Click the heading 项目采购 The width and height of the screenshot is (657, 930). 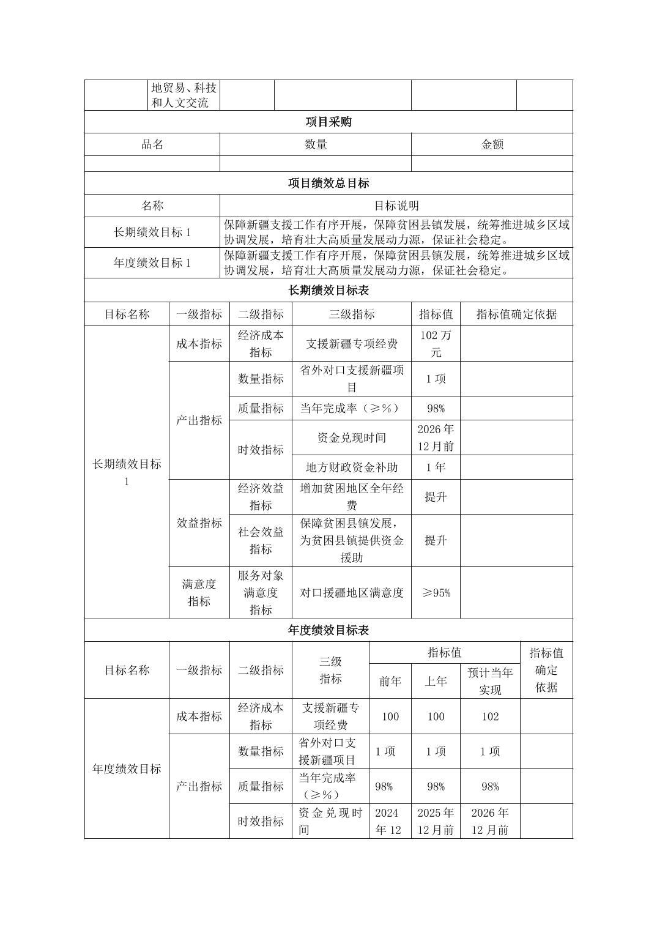click(x=328, y=122)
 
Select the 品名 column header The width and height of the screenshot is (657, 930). click(x=152, y=144)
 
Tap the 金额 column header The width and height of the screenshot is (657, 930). click(x=492, y=144)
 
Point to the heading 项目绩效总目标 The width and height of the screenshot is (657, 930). click(x=328, y=183)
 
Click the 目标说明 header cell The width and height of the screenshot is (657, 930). click(x=396, y=206)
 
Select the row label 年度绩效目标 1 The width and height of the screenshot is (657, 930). click(x=152, y=263)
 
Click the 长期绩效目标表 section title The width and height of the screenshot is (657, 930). click(x=328, y=290)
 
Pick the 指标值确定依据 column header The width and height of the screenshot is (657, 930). click(x=516, y=314)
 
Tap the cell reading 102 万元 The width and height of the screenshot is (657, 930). click(x=436, y=343)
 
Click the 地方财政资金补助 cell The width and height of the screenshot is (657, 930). click(x=352, y=467)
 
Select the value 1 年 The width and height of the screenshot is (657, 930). click(x=436, y=467)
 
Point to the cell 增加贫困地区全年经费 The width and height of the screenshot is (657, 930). click(x=352, y=497)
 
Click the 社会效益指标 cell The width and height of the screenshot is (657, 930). click(x=261, y=540)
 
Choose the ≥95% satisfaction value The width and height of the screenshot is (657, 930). click(x=436, y=592)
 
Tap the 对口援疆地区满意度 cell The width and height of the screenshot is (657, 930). click(x=352, y=592)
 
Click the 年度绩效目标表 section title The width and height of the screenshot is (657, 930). click(x=328, y=630)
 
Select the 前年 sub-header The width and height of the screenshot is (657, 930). click(x=390, y=681)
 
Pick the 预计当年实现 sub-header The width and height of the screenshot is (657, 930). click(x=490, y=681)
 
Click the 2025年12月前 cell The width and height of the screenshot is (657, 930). click(x=436, y=821)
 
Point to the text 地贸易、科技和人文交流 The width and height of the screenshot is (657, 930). click(x=184, y=95)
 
